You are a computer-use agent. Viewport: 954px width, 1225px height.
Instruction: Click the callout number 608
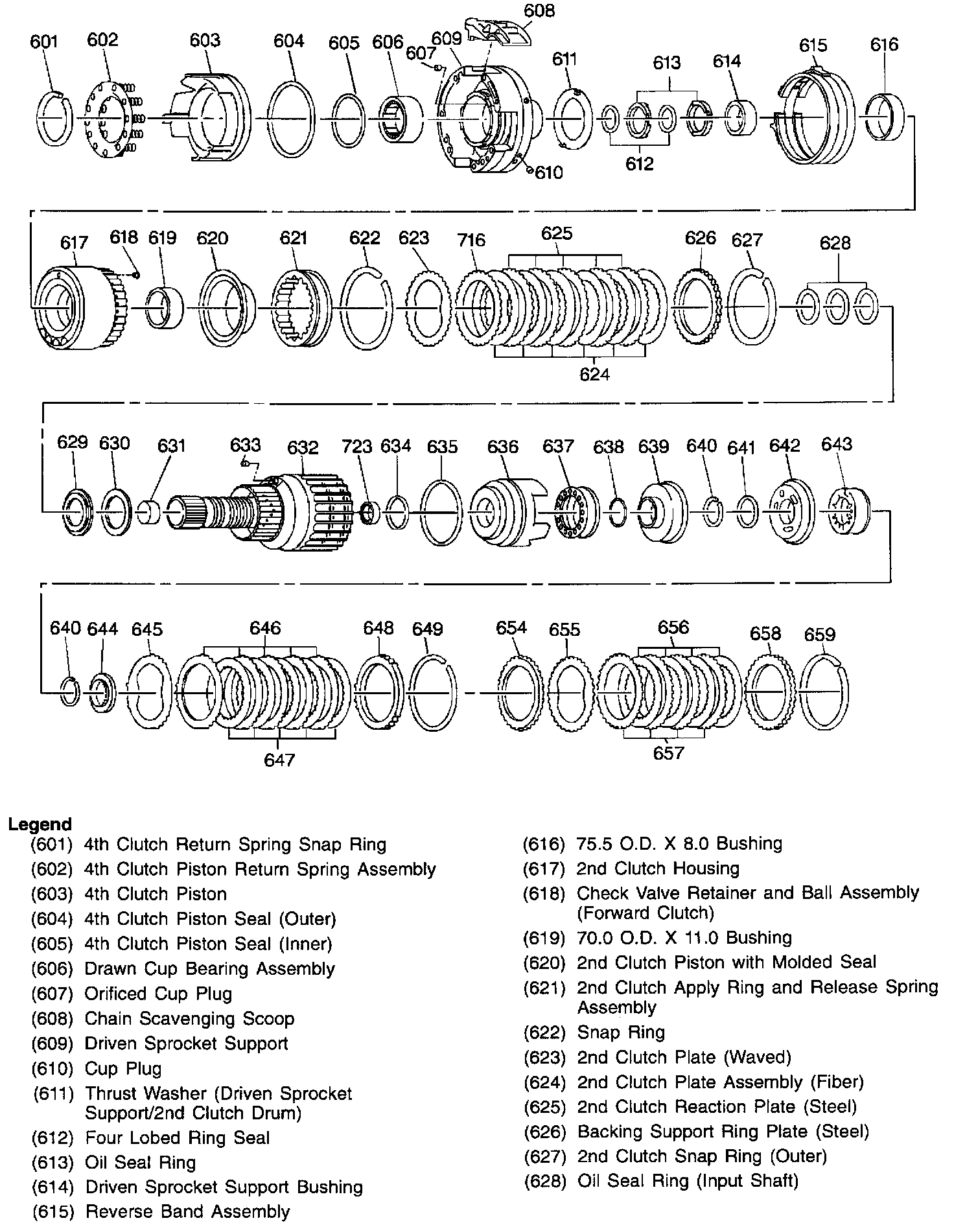pos(539,11)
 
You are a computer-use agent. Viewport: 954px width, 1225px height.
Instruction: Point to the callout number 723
pos(356,447)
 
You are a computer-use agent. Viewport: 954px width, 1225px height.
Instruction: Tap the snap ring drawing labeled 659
pos(824,693)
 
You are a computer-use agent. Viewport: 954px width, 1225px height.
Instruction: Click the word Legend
pos(40,824)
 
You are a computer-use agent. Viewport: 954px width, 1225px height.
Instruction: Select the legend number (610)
pos(51,1068)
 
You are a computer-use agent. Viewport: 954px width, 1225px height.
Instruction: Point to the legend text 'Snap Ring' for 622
pos(621,1032)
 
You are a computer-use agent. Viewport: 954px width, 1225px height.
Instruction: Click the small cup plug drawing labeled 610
pos(531,170)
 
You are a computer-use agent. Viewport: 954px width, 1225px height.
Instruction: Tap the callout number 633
pos(245,445)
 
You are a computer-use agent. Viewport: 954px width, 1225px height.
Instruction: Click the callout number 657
pos(668,752)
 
